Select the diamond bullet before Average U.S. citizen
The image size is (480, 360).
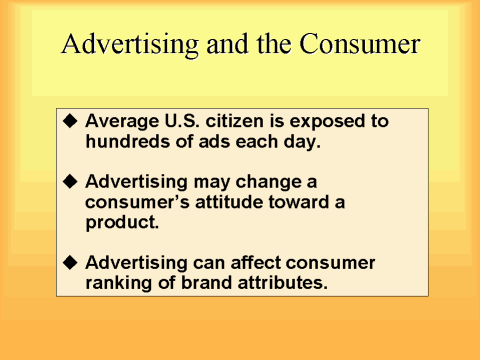pos(69,120)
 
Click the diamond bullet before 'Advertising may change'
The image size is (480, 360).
pos(69,182)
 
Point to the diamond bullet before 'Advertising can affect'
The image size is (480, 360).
pos(69,262)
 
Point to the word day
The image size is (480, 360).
pos(300,141)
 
